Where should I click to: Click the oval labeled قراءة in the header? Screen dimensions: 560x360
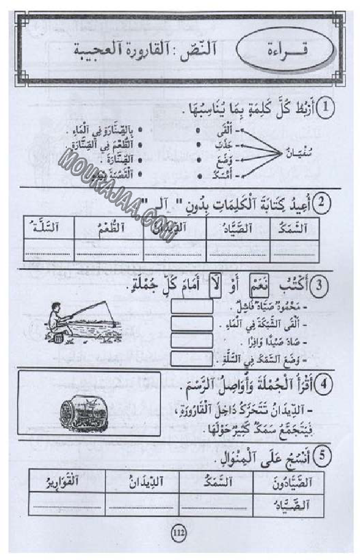click(285, 52)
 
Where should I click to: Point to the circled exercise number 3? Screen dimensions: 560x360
click(323, 285)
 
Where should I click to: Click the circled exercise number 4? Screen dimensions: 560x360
click(324, 383)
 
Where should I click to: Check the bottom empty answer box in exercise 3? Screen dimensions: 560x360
click(191, 359)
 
